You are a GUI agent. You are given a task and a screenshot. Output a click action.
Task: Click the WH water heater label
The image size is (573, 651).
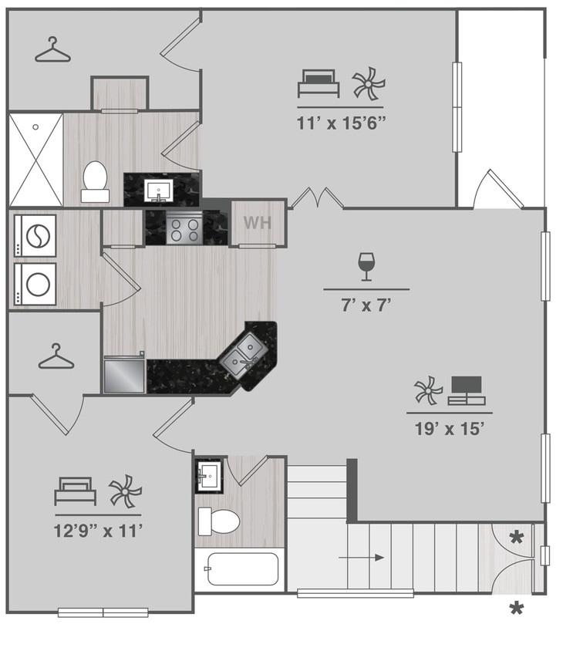[x=257, y=223]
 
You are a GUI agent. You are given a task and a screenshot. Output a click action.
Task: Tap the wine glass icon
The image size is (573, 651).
[x=366, y=266]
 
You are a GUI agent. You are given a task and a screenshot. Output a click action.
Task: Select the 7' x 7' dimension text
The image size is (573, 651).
[x=366, y=305]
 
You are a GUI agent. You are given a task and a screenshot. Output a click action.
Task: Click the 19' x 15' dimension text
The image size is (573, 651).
[x=449, y=429]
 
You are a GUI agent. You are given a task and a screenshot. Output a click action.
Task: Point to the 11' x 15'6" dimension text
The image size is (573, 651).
[x=340, y=123]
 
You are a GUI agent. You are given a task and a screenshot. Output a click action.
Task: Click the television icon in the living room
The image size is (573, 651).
[x=466, y=390]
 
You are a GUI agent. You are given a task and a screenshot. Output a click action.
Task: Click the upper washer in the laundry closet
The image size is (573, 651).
[x=35, y=236]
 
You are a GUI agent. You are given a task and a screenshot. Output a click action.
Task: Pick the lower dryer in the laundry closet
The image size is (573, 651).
[x=35, y=284]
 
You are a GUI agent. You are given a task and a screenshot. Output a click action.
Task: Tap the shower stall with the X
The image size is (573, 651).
[x=35, y=159]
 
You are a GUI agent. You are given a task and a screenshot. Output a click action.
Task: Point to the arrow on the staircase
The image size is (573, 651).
[x=363, y=558]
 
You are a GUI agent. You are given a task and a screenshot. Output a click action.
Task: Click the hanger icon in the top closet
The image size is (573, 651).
[x=52, y=51]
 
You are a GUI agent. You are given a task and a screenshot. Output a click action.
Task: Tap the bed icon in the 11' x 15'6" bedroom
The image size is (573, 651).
[x=319, y=83]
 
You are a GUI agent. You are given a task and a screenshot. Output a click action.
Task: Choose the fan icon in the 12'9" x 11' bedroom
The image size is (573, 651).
[x=125, y=491]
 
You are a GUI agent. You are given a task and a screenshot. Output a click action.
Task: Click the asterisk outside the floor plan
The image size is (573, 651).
[x=516, y=609]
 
